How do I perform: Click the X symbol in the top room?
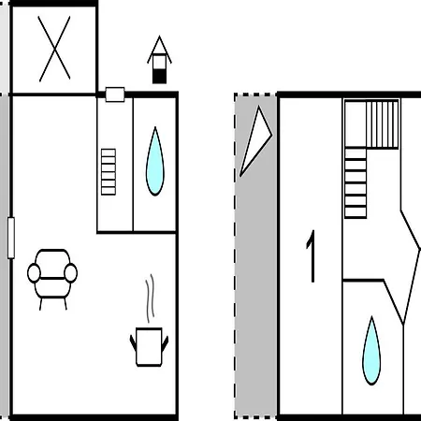click(54, 49)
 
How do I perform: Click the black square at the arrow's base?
click(159, 77)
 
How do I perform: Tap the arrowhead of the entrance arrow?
click(159, 50)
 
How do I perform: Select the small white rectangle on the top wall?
click(115, 94)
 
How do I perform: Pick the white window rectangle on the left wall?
click(11, 238)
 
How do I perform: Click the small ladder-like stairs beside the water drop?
click(109, 172)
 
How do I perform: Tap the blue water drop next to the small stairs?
click(155, 161)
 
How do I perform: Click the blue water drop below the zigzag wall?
click(371, 351)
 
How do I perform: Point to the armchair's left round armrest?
click(34, 273)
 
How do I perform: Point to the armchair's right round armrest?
click(71, 273)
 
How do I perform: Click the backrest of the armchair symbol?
click(52, 264)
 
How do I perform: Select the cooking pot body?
click(149, 347)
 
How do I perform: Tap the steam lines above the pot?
click(151, 298)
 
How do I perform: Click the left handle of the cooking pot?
click(133, 342)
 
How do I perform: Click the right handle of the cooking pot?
click(165, 342)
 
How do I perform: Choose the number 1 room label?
click(312, 256)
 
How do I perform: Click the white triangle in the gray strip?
click(255, 141)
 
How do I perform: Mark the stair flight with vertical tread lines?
click(383, 124)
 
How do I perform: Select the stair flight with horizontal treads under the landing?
click(356, 183)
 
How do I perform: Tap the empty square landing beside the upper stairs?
click(356, 124)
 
